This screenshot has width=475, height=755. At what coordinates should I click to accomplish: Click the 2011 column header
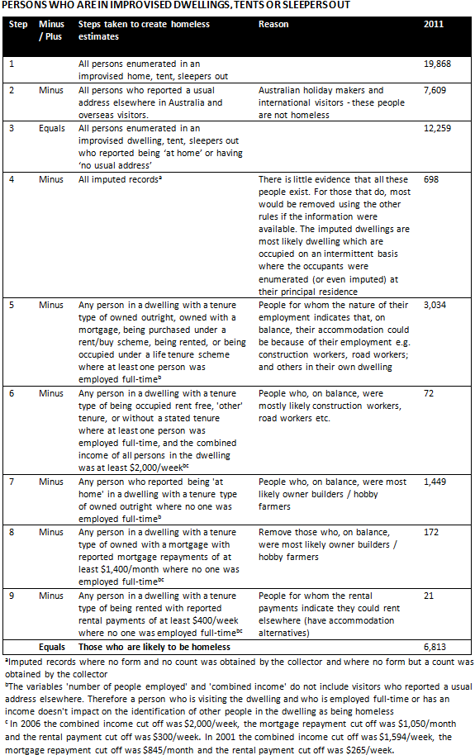click(x=433, y=24)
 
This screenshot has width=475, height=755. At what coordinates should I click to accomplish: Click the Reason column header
click(x=273, y=24)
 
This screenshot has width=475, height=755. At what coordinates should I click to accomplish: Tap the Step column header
click(x=17, y=24)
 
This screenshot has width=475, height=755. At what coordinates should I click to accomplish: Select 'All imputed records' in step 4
click(x=115, y=178)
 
